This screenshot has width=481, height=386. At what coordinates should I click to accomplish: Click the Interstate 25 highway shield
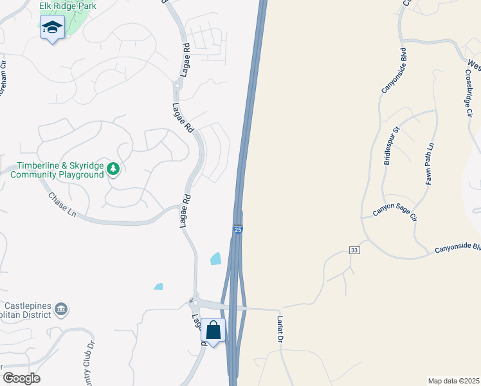238,230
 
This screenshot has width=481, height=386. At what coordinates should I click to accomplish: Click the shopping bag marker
213,331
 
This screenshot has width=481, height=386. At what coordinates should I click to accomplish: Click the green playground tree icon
113,169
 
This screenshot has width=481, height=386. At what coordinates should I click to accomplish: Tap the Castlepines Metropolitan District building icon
61,310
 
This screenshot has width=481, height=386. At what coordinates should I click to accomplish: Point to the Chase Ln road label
62,205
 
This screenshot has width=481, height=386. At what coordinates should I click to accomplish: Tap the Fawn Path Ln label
429,165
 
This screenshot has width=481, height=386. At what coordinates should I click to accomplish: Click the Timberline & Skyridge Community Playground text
61,170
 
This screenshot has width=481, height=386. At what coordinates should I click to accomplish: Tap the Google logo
21,378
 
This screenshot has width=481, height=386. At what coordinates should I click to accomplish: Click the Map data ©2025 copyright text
453,381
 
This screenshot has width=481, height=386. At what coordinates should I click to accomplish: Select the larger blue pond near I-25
215,259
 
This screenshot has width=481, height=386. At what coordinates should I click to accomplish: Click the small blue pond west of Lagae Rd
158,286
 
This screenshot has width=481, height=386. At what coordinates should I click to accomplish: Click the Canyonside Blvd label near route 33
458,248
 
